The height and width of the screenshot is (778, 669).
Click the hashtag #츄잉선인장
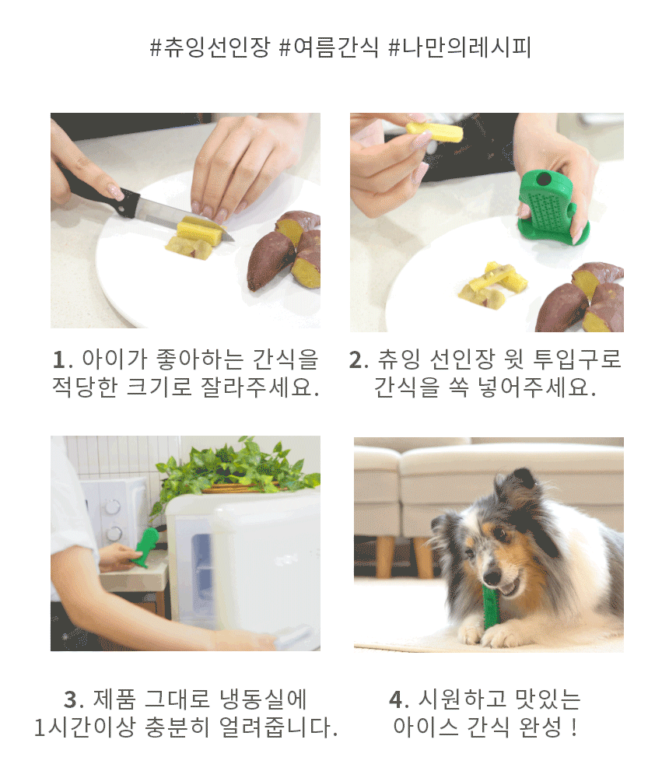(x=210, y=47)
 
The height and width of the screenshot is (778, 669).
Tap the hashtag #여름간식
(x=329, y=47)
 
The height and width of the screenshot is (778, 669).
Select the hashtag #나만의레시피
(x=460, y=47)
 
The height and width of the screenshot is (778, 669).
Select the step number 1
(x=60, y=359)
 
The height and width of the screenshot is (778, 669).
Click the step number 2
(x=356, y=359)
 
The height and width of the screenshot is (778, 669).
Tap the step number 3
(x=72, y=699)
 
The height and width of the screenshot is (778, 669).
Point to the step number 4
(x=397, y=699)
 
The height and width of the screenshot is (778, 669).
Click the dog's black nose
(x=492, y=577)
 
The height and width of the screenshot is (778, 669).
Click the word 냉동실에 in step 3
(x=263, y=699)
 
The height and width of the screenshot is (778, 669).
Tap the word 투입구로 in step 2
(x=576, y=359)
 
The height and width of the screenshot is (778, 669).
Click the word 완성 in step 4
(x=539, y=727)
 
